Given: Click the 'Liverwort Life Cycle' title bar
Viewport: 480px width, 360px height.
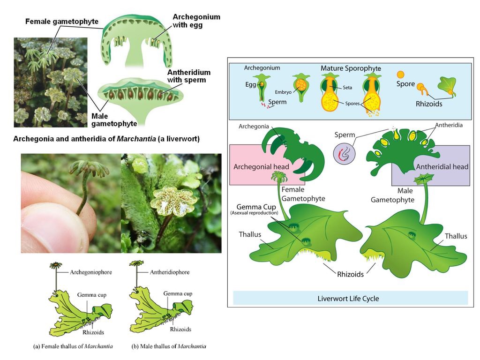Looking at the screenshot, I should (x=348, y=299).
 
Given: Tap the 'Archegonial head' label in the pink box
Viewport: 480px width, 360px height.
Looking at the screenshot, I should (x=261, y=167).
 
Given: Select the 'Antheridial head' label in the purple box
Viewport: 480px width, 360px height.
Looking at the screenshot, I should (x=442, y=166).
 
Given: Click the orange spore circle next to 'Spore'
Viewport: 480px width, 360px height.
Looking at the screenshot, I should (x=400, y=74).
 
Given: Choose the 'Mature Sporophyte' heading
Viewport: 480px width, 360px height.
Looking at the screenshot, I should (x=351, y=68).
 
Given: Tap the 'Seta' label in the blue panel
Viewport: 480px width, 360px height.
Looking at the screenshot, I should (x=347, y=88).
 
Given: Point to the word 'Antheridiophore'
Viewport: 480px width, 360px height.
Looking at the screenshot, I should (x=170, y=272).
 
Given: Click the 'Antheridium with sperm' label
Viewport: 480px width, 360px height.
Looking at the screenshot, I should (x=189, y=76).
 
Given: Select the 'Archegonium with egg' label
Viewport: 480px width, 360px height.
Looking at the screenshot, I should (x=196, y=21).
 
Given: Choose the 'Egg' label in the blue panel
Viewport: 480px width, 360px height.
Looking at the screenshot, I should (x=251, y=85).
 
